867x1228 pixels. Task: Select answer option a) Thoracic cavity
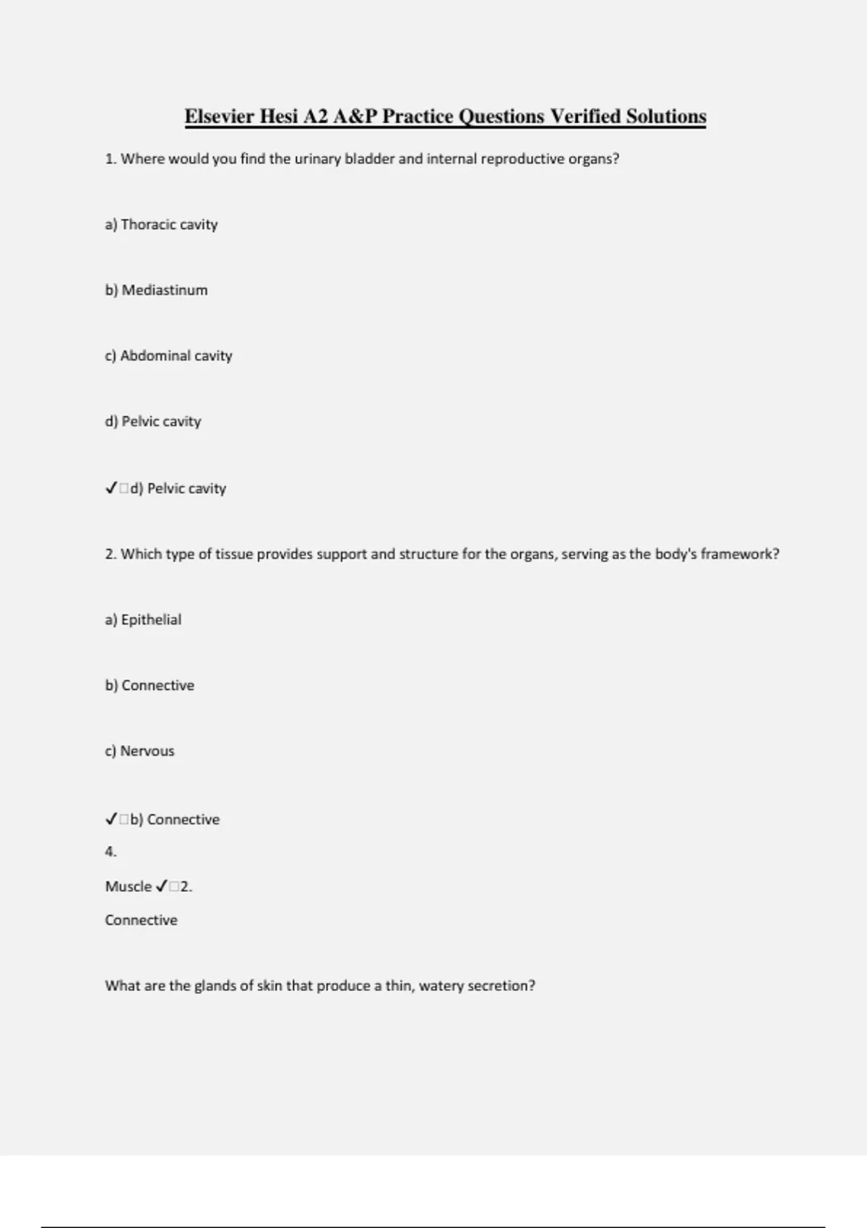pos(161,225)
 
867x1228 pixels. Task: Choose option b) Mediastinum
pos(156,290)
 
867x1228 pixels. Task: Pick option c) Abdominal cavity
pos(168,356)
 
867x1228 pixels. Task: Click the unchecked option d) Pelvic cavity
pos(152,422)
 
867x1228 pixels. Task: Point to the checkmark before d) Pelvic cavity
pos(111,489)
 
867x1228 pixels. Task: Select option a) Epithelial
pos(143,620)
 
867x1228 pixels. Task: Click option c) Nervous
pos(139,751)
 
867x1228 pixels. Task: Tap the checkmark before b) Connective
pos(111,820)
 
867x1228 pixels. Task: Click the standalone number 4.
pos(110,852)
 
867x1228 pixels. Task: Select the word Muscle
pos(128,887)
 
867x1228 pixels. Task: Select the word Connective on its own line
pos(141,920)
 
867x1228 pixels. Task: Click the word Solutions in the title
pos(665,116)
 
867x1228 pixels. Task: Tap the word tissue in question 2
pos(234,554)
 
